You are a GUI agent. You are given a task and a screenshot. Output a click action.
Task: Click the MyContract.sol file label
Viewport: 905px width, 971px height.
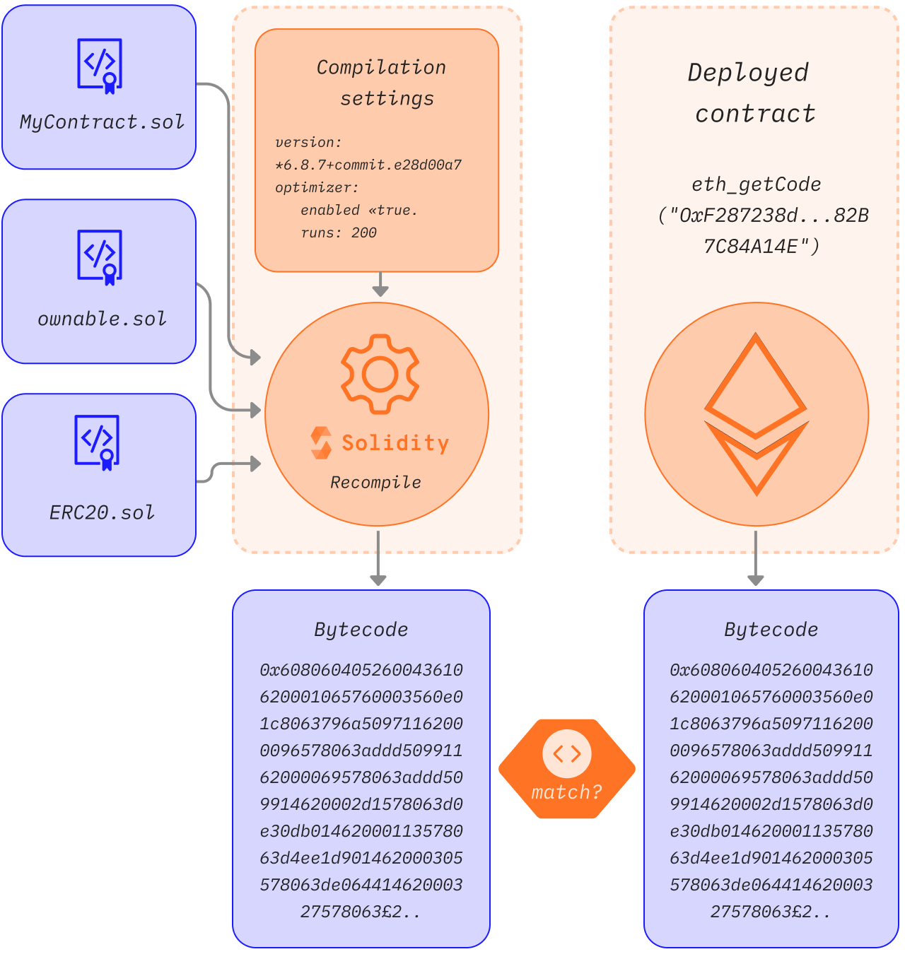tap(102, 122)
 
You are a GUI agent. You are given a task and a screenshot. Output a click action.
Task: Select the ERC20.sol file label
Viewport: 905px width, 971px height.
tap(102, 512)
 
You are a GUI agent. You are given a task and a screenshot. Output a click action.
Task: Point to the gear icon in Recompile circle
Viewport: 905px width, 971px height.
tap(380, 374)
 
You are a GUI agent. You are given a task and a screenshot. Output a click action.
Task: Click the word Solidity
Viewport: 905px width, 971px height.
tap(395, 443)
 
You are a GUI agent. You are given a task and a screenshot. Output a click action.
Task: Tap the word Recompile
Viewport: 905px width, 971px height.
tap(375, 483)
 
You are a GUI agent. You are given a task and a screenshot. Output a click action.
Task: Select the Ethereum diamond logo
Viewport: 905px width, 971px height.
tap(756, 414)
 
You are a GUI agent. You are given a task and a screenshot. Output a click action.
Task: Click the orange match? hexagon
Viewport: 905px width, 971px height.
tap(567, 769)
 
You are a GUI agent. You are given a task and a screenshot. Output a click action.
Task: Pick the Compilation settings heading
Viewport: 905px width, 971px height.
tap(382, 83)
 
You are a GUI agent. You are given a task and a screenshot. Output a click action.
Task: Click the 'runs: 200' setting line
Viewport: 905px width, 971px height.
tap(339, 233)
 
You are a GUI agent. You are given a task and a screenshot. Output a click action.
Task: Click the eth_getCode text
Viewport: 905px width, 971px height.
tap(756, 184)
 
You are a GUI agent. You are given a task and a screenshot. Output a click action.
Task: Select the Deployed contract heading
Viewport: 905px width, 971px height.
tap(751, 93)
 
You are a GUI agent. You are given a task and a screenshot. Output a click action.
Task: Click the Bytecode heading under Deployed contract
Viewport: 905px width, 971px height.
tap(771, 629)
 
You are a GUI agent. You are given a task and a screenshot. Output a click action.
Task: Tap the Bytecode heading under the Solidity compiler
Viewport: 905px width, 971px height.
tap(361, 629)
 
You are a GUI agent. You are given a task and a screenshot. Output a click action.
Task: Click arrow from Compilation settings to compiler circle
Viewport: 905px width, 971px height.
tap(380, 285)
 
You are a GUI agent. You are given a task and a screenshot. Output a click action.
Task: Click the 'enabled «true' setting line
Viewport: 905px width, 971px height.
tap(358, 210)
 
